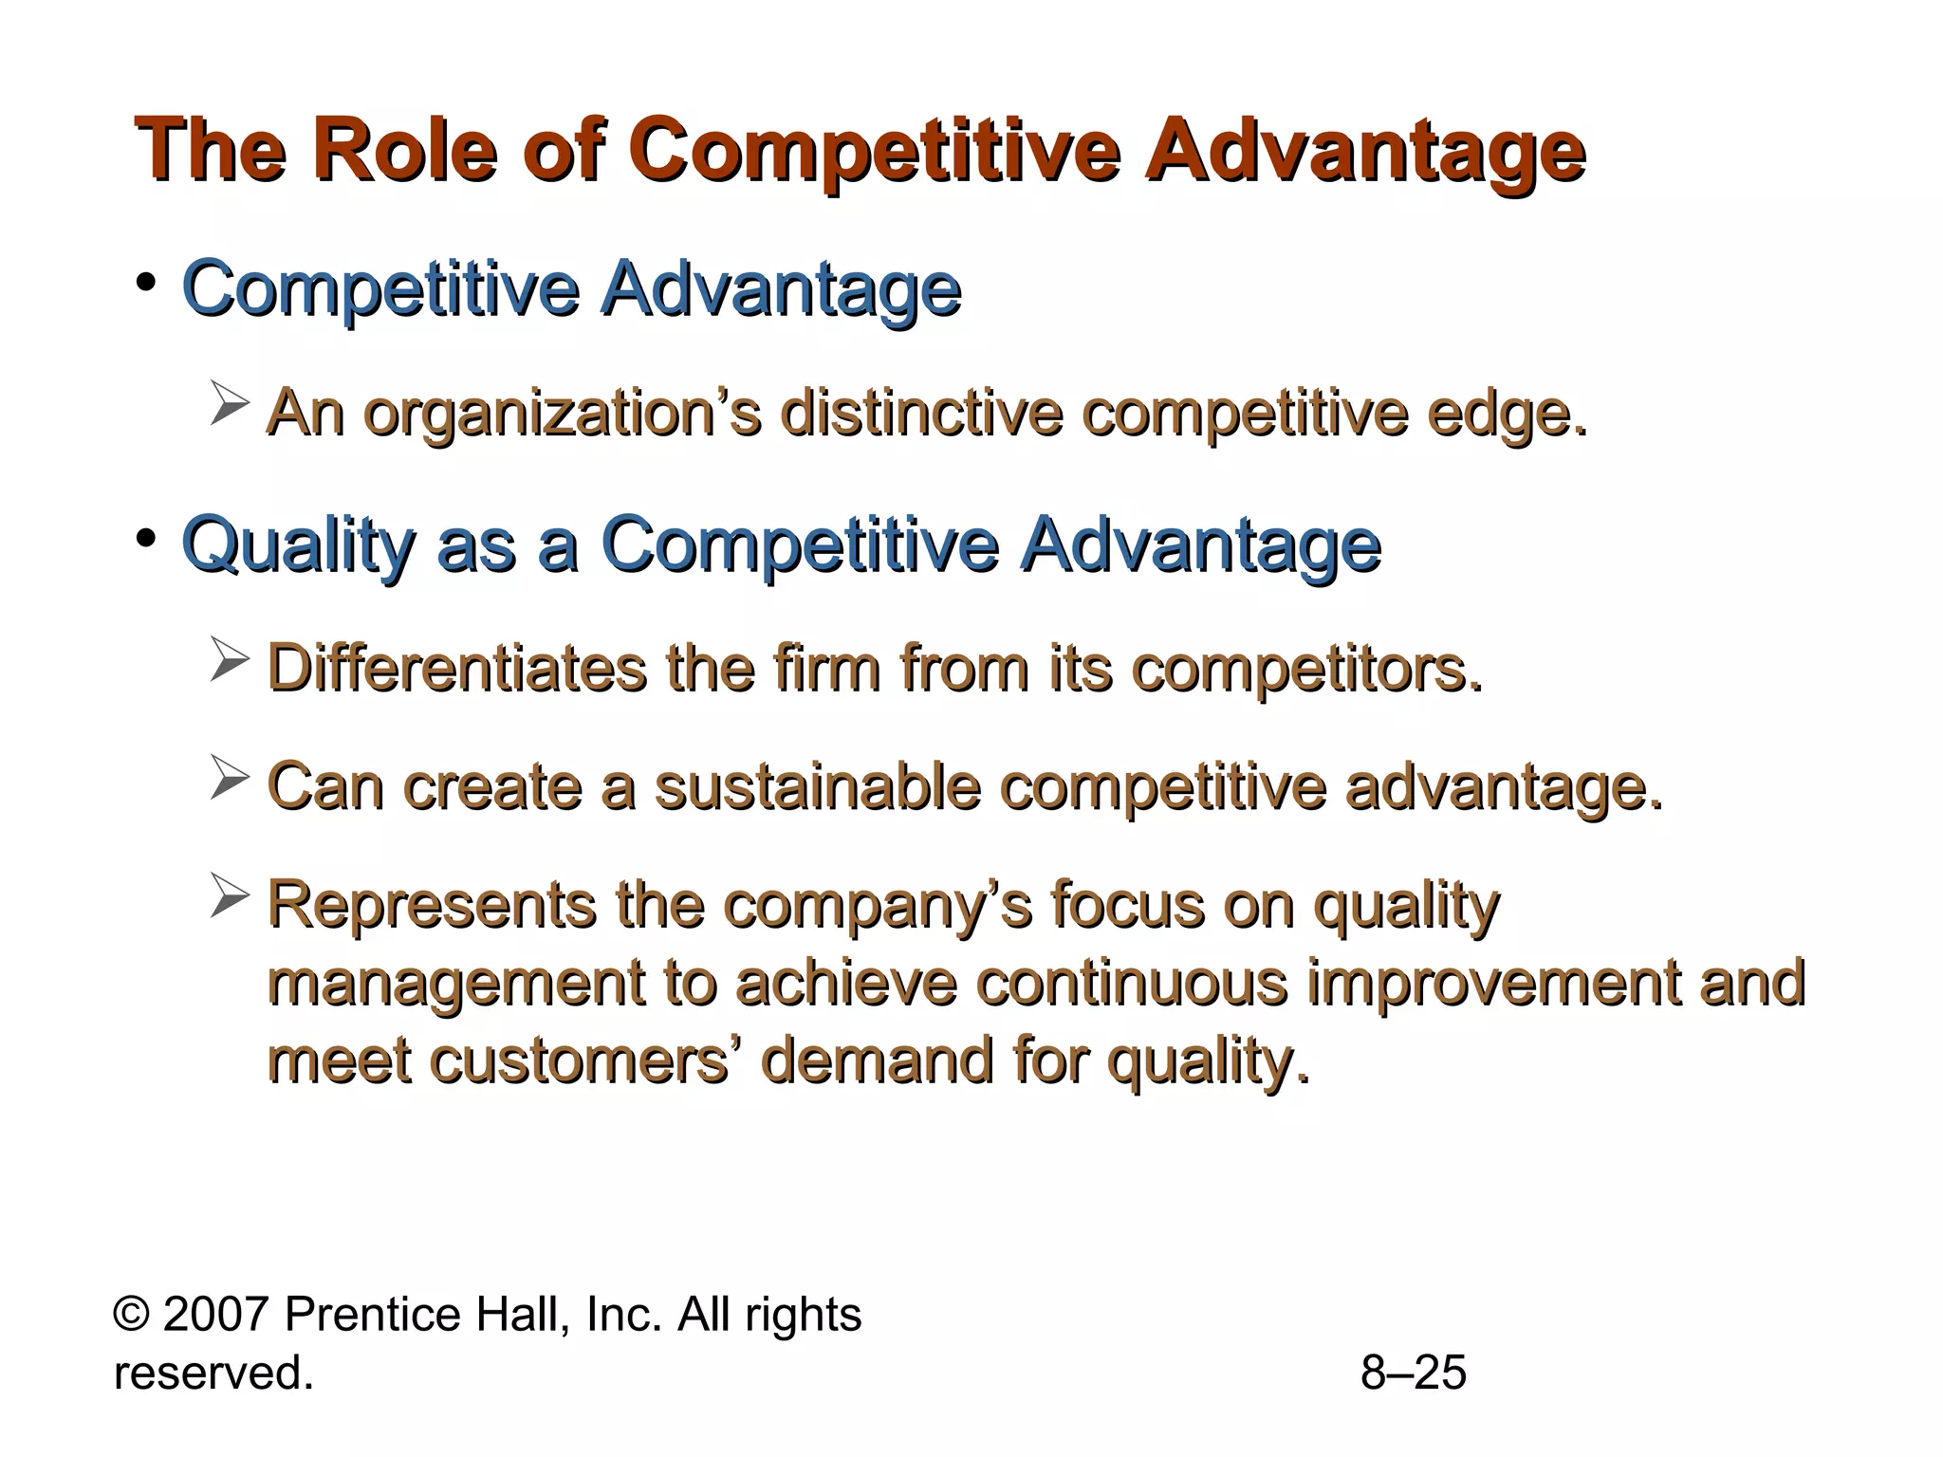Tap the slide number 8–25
click(1413, 1373)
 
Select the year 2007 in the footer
click(216, 1315)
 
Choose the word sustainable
click(818, 787)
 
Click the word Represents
click(432, 905)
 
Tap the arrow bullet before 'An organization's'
click(230, 402)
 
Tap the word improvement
click(1493, 983)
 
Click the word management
click(456, 983)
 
